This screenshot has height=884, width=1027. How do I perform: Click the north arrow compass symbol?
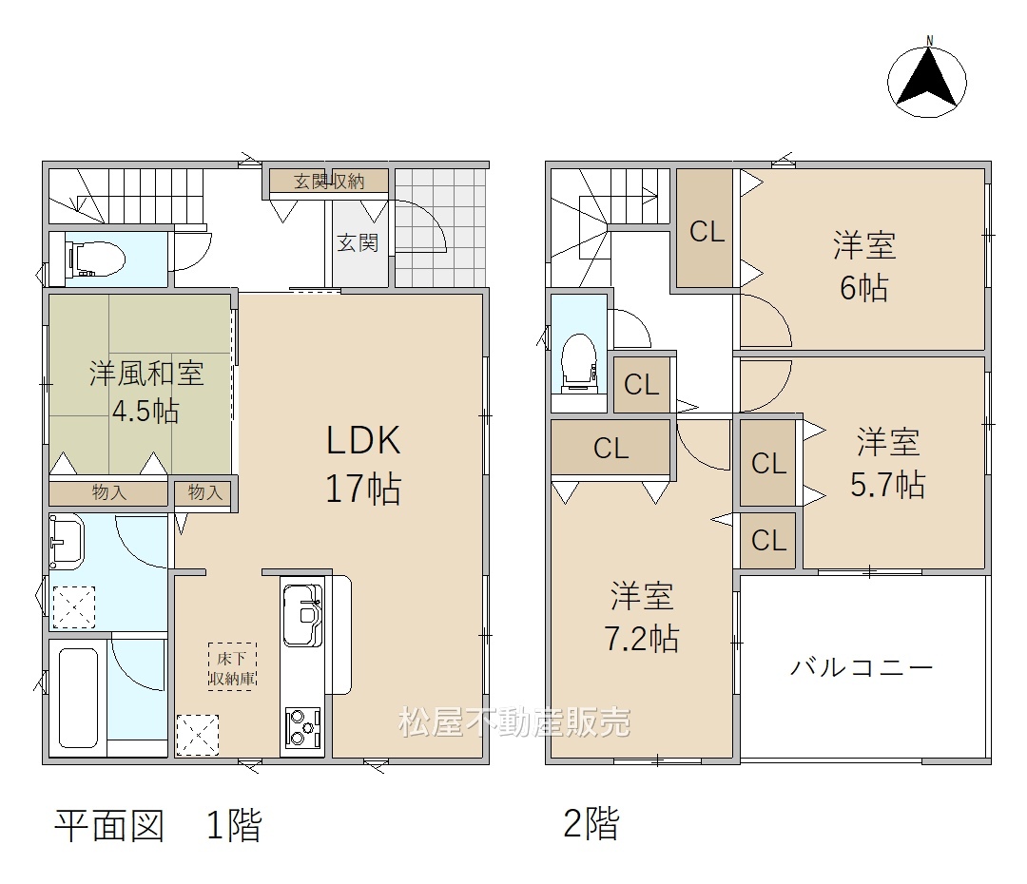click(x=927, y=78)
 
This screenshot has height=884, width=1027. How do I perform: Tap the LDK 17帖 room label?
click(x=363, y=464)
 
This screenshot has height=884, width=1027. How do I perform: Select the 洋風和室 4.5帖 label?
click(x=146, y=392)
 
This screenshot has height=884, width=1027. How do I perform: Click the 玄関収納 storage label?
click(x=329, y=181)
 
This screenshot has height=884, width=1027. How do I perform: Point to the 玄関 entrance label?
click(x=358, y=243)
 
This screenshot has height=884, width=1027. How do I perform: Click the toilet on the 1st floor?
click(x=96, y=259)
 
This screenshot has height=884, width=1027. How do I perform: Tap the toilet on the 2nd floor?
click(x=579, y=362)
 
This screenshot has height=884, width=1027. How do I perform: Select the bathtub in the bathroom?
click(x=78, y=697)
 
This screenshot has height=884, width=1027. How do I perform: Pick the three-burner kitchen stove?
click(x=302, y=727)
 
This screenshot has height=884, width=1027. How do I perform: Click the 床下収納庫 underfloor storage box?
click(x=232, y=666)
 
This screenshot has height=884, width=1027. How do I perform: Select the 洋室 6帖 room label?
click(x=863, y=266)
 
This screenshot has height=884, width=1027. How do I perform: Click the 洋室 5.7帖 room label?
click(x=888, y=464)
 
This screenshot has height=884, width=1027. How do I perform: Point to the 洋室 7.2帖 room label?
click(x=641, y=617)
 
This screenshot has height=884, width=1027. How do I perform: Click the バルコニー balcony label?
click(x=862, y=667)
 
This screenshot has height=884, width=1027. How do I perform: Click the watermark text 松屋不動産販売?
click(x=514, y=721)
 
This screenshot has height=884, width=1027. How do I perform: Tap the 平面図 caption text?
click(x=109, y=825)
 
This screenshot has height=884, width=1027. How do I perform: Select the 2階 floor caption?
click(x=591, y=824)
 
